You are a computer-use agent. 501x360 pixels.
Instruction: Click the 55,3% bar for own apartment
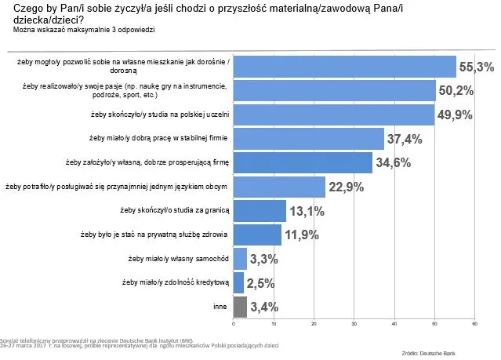pyautogui.click(x=345, y=67)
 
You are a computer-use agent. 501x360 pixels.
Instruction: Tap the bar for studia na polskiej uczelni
pyautogui.click(x=334, y=115)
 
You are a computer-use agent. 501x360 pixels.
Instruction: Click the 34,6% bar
pyautogui.click(x=303, y=163)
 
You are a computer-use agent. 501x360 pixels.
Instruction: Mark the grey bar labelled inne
pyautogui.click(x=241, y=306)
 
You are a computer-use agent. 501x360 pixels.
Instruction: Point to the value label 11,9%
pyautogui.click(x=302, y=235)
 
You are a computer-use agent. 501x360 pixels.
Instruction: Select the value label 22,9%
pyautogui.click(x=347, y=187)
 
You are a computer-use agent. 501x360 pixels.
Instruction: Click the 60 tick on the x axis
pyautogui.click(x=475, y=324)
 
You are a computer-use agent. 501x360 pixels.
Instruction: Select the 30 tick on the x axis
pyautogui.click(x=354, y=324)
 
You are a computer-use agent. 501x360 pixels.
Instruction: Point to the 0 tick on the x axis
pyautogui.click(x=234, y=324)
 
